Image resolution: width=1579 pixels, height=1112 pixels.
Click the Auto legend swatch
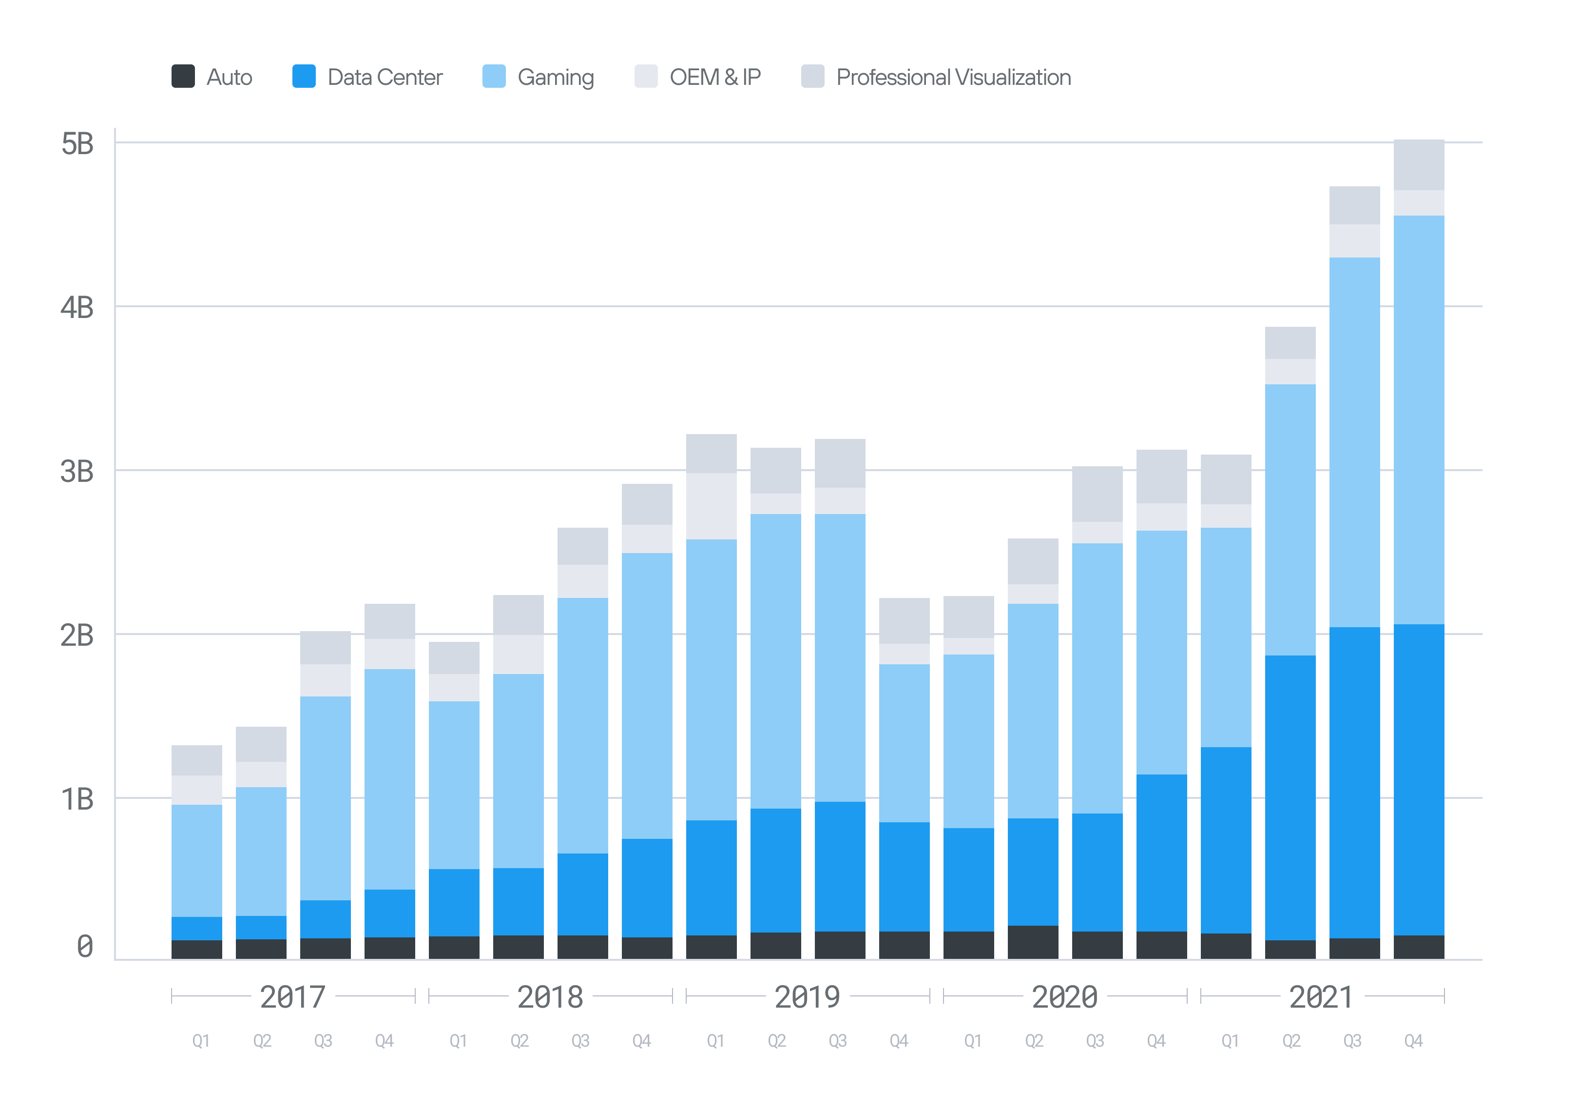tap(183, 77)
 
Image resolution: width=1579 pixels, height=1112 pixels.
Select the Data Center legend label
tap(385, 77)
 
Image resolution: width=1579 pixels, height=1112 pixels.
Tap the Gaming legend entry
tap(555, 77)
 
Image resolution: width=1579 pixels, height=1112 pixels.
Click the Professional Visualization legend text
tap(953, 77)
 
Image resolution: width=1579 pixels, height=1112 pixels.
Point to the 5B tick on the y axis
tap(77, 144)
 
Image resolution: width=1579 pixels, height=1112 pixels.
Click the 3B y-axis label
tap(77, 471)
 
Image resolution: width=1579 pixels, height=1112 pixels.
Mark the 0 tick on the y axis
tap(85, 946)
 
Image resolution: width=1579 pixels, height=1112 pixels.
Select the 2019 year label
tap(808, 996)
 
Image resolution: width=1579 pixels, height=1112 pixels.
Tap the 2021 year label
tap(1321, 996)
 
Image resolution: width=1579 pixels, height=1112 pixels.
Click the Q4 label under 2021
tap(1413, 1040)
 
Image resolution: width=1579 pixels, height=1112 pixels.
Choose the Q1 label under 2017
tap(201, 1040)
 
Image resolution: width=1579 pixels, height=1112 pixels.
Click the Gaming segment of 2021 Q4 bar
tap(1419, 420)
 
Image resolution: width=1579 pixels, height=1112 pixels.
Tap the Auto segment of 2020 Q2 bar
tap(1033, 942)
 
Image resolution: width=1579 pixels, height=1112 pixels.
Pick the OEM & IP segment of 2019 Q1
tap(711, 506)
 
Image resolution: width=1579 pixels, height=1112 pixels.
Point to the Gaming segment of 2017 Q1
tap(197, 860)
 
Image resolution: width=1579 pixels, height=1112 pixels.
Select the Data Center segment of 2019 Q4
tap(905, 876)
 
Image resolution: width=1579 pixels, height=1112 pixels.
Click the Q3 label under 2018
tap(580, 1040)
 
